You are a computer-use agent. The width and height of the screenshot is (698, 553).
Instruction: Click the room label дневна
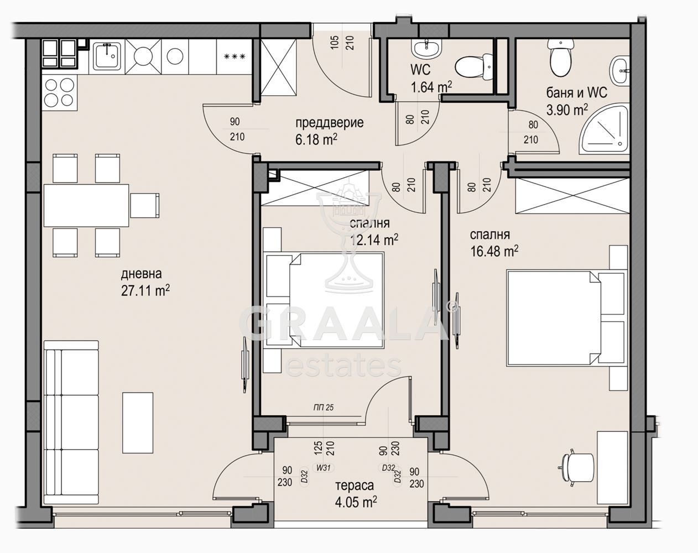(142, 274)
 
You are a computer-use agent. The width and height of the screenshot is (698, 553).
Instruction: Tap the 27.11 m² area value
(145, 291)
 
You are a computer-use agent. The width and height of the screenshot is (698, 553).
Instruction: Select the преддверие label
(329, 123)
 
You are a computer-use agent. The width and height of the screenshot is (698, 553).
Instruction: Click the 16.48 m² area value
(494, 251)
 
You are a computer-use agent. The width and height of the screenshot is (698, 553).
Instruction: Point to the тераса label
(355, 486)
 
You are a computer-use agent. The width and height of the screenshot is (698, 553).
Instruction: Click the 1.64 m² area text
(431, 87)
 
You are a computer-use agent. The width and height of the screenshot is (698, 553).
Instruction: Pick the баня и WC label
(577, 93)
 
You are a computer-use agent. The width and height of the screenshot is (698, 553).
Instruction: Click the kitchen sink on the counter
(107, 56)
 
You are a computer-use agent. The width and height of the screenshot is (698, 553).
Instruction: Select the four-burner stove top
(59, 92)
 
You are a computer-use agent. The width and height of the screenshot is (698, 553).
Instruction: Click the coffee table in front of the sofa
(138, 422)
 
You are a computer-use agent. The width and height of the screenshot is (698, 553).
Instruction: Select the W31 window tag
(323, 467)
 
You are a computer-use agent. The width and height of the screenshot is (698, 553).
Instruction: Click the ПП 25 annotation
(324, 408)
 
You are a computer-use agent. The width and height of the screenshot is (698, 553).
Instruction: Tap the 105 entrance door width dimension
(335, 43)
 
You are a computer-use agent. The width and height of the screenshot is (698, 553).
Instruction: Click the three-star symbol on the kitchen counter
(235, 57)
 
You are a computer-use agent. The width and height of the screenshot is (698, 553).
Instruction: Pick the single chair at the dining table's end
(145, 206)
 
